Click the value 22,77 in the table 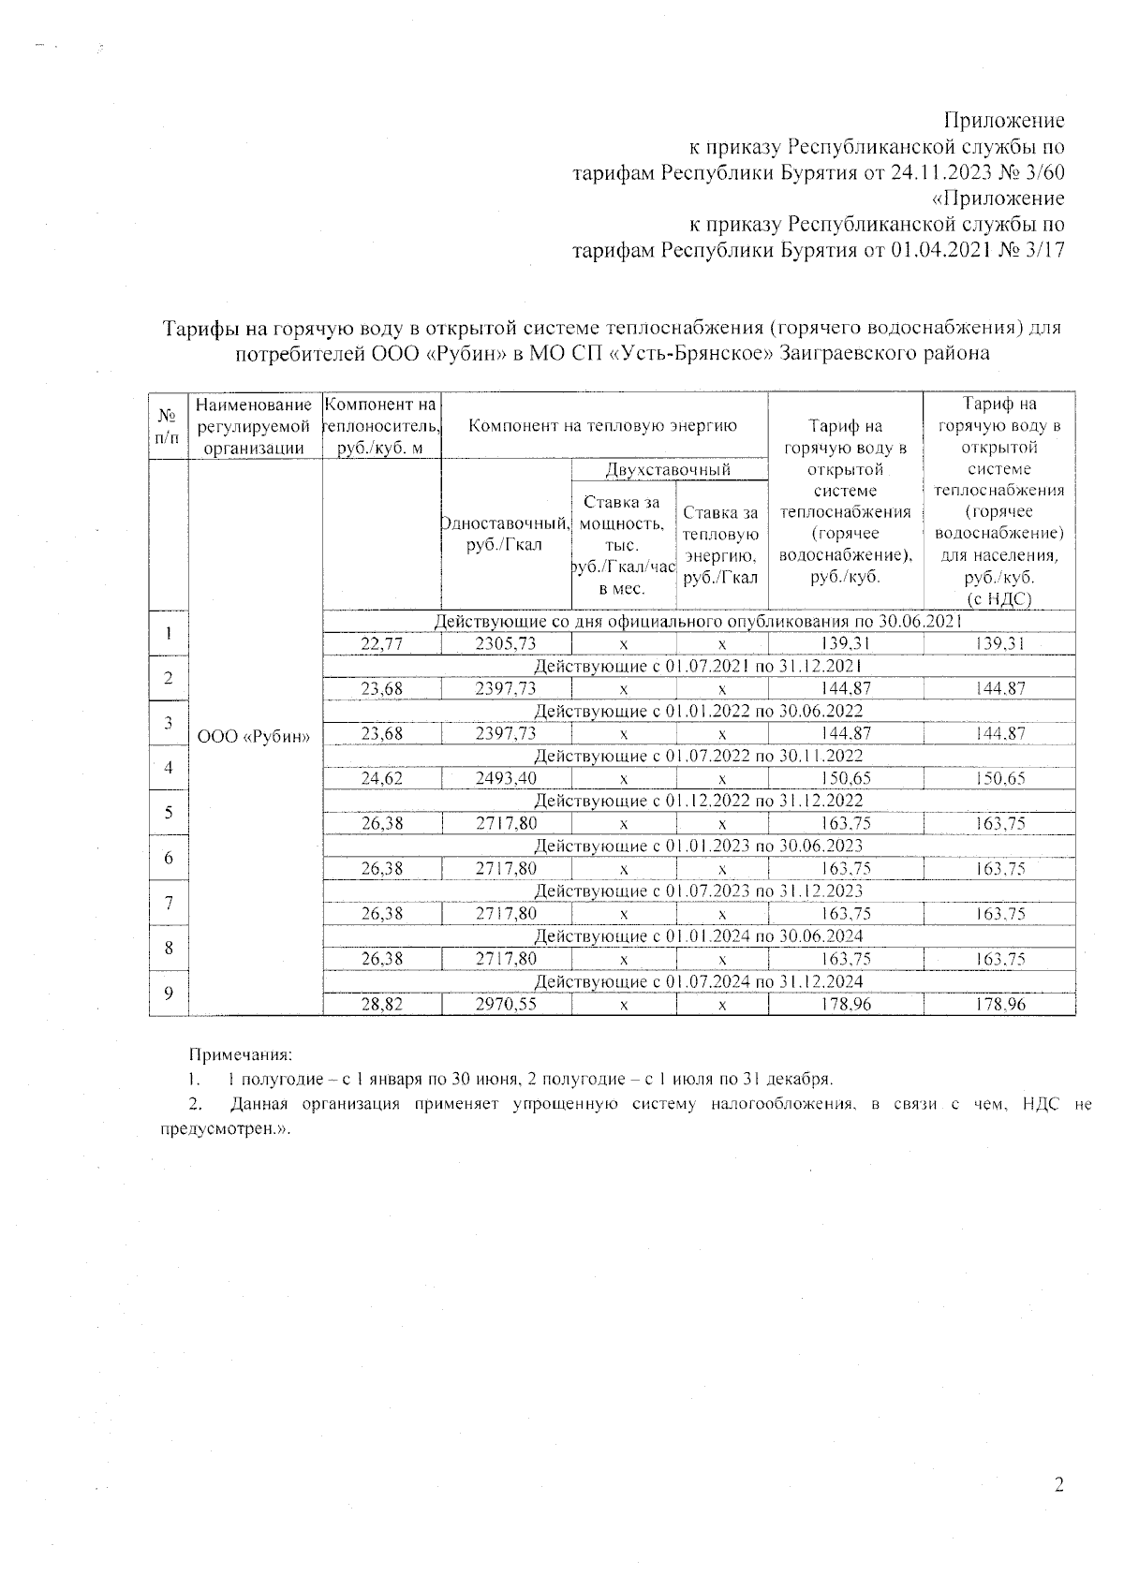[x=381, y=643]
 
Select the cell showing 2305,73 [x=506, y=643]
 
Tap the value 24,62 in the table [x=381, y=778]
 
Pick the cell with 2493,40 [x=506, y=778]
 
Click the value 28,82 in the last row [x=381, y=1005]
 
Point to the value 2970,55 [x=506, y=1005]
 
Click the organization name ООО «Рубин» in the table [x=255, y=736]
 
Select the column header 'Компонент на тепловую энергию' [x=603, y=426]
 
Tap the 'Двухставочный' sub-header [x=669, y=469]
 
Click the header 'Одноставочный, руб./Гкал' [x=506, y=534]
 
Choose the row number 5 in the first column [x=169, y=812]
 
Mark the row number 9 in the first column [x=169, y=994]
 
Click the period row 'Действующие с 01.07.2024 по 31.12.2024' [x=698, y=981]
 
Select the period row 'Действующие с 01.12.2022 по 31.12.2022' [x=698, y=801]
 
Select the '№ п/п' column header [x=169, y=424]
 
